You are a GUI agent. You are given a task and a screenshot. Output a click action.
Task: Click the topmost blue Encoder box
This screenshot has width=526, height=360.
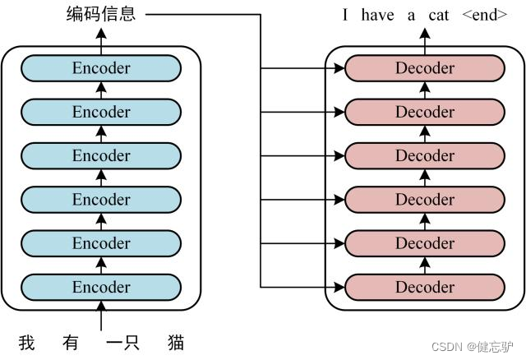click(100, 68)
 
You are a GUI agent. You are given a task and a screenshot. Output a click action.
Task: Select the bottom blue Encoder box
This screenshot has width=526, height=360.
click(100, 287)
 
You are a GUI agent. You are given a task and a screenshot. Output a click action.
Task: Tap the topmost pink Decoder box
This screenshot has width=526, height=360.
click(425, 68)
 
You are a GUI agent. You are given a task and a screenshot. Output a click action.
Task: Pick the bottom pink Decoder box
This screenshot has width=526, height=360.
click(425, 287)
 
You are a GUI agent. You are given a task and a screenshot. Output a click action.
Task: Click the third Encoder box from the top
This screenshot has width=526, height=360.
click(100, 155)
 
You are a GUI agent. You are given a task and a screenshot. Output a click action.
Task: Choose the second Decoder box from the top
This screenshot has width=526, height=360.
click(425, 112)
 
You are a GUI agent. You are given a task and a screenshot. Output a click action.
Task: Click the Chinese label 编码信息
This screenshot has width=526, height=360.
click(101, 13)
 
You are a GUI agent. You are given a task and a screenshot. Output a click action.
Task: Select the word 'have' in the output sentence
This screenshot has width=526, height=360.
click(377, 14)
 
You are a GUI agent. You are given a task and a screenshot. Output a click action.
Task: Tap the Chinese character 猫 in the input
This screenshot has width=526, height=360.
click(173, 342)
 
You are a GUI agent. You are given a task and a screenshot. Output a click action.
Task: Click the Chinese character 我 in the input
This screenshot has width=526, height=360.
click(28, 342)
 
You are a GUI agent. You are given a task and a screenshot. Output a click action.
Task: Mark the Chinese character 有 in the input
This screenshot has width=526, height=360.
click(71, 342)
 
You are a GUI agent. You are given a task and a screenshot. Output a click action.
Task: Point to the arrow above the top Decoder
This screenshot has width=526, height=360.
click(425, 37)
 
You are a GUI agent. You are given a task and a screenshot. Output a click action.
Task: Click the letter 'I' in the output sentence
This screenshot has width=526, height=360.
click(346, 14)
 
